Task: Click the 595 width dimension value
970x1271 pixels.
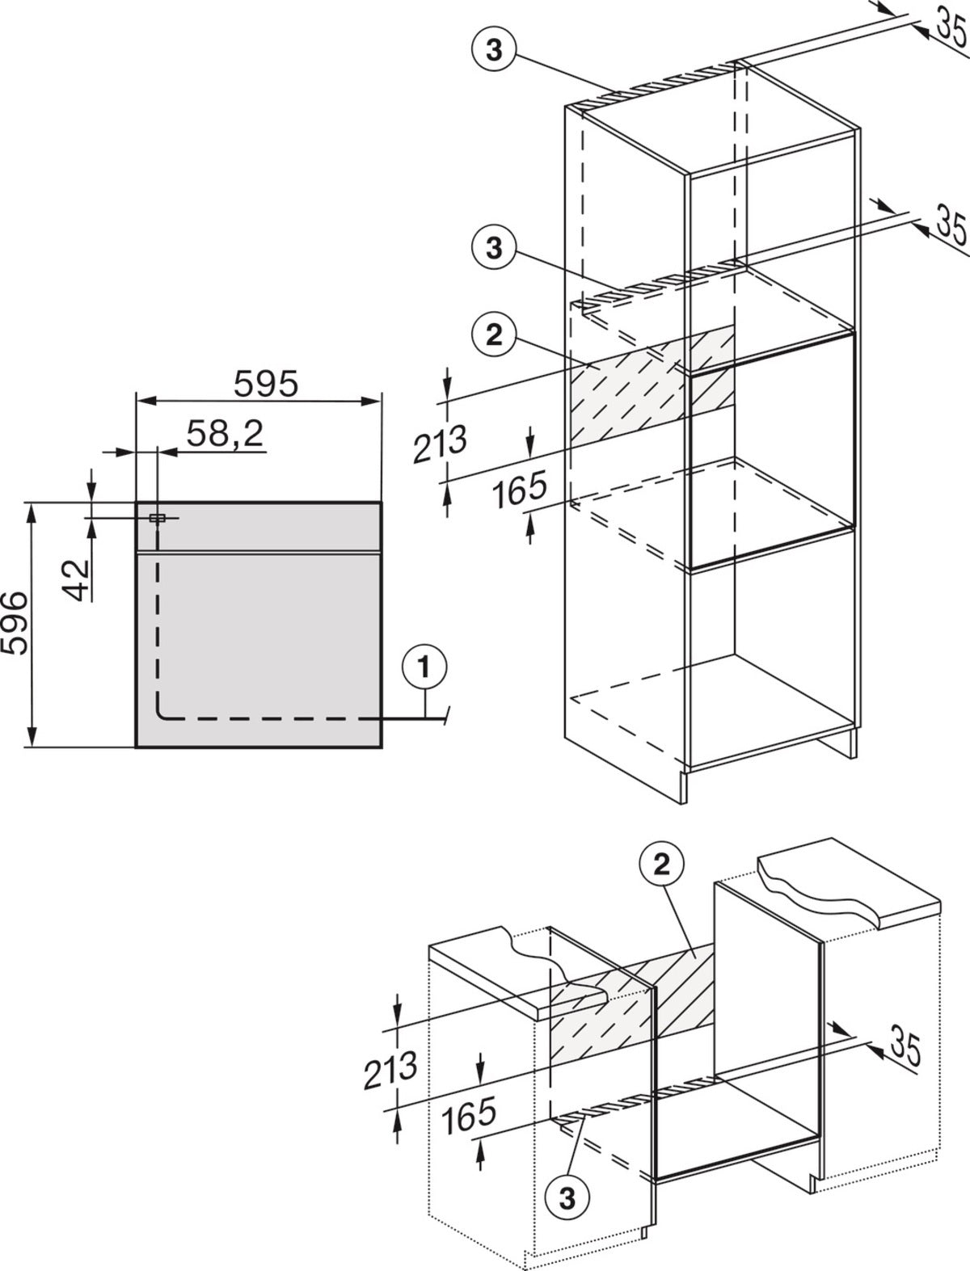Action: point(266,383)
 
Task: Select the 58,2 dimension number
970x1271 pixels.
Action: point(226,432)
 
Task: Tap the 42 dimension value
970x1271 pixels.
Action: point(77,580)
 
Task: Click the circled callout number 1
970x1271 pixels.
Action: point(425,668)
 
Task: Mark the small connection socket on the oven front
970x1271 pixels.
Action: point(157,518)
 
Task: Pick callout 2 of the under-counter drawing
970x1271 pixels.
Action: point(661,865)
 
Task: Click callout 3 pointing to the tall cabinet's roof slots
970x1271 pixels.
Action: point(494,50)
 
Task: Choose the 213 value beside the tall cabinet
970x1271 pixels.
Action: point(440,444)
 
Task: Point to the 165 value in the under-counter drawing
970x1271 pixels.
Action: point(469,1115)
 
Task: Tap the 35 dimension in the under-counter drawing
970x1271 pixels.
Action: point(905,1046)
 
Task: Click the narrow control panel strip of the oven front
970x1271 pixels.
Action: point(259,526)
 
